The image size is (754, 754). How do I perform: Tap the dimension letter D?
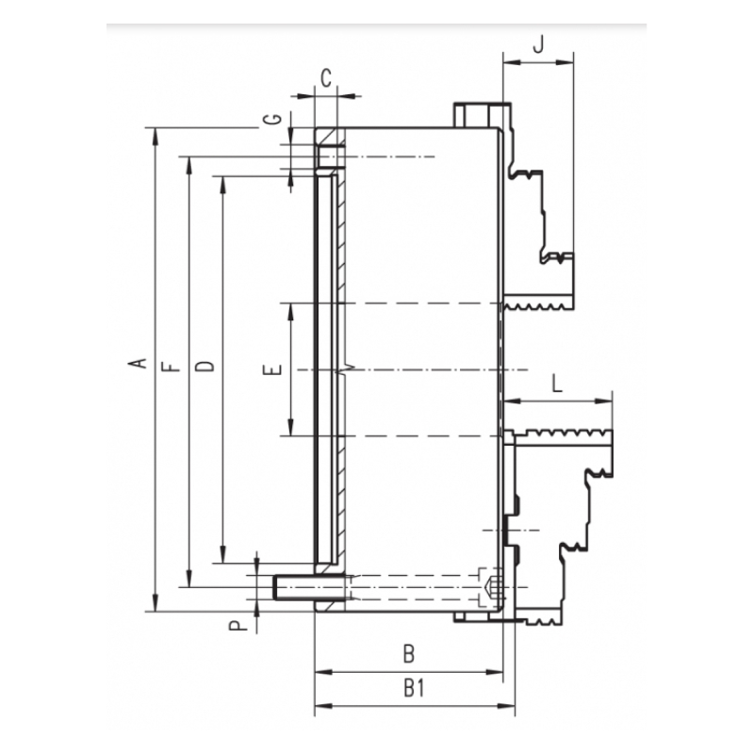205,366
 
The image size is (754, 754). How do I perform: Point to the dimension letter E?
272,369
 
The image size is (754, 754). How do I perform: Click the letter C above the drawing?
326,78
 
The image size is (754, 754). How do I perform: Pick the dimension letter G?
273,119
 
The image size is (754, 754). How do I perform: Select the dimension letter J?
538,44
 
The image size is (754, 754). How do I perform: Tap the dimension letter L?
557,384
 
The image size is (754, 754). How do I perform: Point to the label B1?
414,689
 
